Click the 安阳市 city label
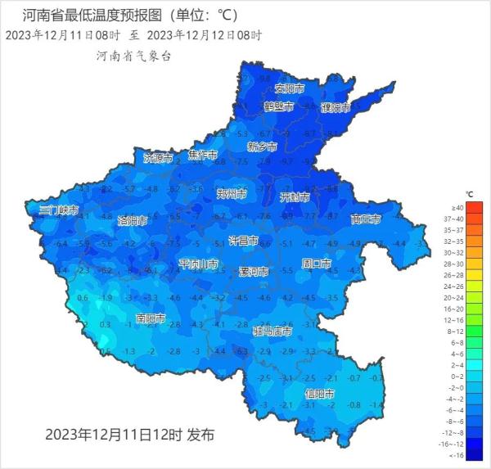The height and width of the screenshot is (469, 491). (x=289, y=88)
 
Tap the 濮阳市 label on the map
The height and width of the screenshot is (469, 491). (x=335, y=107)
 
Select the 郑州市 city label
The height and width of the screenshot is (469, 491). (x=232, y=194)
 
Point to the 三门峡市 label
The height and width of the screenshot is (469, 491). (x=58, y=210)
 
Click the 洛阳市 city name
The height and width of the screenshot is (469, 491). (x=132, y=221)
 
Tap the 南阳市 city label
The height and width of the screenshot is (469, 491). (x=151, y=318)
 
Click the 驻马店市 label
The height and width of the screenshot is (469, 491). (x=272, y=331)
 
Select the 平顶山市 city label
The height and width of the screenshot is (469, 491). (x=198, y=264)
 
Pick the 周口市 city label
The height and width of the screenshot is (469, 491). (x=316, y=264)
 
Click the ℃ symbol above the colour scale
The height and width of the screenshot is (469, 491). (x=469, y=195)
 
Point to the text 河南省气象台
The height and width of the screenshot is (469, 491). (x=133, y=56)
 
